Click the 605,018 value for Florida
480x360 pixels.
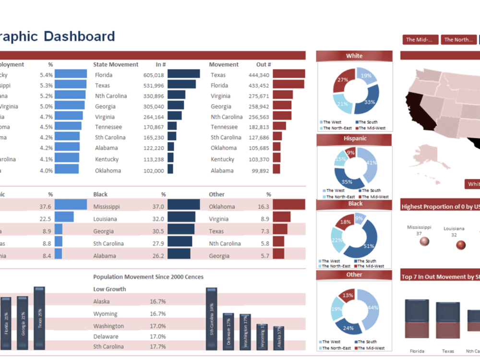coord(154,75)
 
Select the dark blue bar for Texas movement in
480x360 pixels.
coord(181,84)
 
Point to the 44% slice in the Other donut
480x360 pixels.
coord(371,307)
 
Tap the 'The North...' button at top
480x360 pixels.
coord(458,40)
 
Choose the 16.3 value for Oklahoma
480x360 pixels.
coord(264,206)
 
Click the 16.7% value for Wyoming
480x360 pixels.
coord(157,314)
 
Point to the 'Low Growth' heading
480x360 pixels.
coord(109,289)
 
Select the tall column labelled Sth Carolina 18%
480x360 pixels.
coord(211,319)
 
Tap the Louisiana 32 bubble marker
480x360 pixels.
coord(461,245)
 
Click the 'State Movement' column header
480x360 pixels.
coord(116,64)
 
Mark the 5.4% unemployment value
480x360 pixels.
coord(46,75)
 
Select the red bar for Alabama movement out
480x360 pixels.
coord(276,169)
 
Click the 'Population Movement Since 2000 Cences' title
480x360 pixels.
coord(148,277)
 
